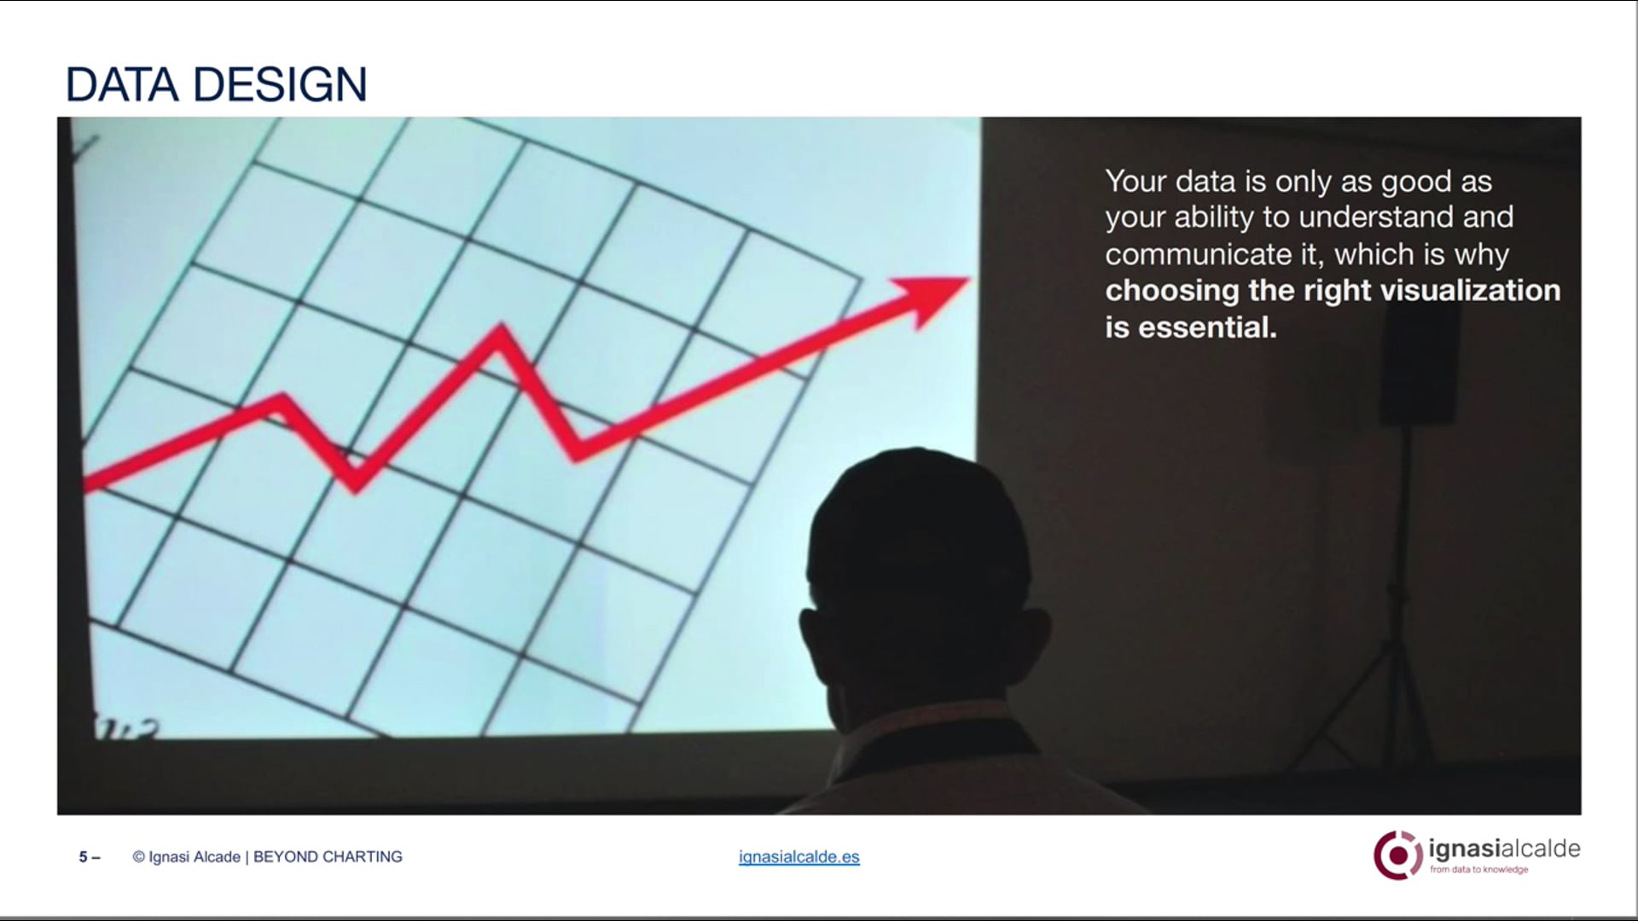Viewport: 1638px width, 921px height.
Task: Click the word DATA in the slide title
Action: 121,85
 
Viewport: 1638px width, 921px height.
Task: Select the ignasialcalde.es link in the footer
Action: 799,857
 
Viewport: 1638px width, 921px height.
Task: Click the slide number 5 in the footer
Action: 84,857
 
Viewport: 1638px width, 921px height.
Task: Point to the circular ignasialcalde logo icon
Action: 1397,854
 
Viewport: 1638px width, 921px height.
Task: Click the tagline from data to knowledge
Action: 1478,870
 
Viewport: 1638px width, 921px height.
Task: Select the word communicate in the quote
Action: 1198,254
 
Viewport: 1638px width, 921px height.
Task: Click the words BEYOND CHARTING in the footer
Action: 328,857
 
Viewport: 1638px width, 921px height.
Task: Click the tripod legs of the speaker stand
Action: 1399,682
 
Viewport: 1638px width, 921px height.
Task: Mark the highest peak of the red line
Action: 501,333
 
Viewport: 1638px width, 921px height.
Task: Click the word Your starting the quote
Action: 1135,182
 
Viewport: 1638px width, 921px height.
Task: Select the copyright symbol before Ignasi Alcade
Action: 138,857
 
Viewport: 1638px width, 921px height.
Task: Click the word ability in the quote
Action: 1215,217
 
